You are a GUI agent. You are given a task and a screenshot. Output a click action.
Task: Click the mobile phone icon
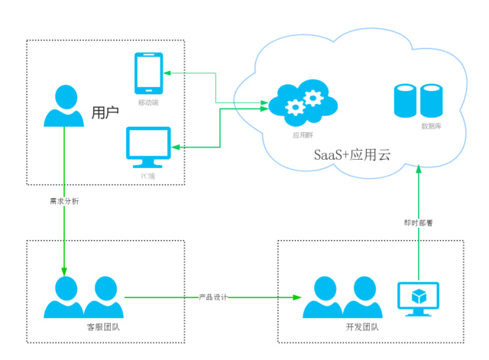[x=147, y=73]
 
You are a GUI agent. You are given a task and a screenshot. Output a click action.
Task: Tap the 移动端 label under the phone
[x=147, y=102]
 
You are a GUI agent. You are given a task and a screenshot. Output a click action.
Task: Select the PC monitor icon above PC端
[x=148, y=148]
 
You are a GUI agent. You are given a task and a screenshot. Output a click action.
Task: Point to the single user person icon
[x=64, y=106]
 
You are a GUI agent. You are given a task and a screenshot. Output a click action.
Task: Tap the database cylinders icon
[x=418, y=100]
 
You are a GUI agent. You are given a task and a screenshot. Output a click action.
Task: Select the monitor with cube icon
[x=419, y=299]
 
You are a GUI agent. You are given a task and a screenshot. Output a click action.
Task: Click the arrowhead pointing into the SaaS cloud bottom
[x=419, y=171]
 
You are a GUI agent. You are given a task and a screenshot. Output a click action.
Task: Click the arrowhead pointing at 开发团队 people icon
[x=296, y=297]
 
